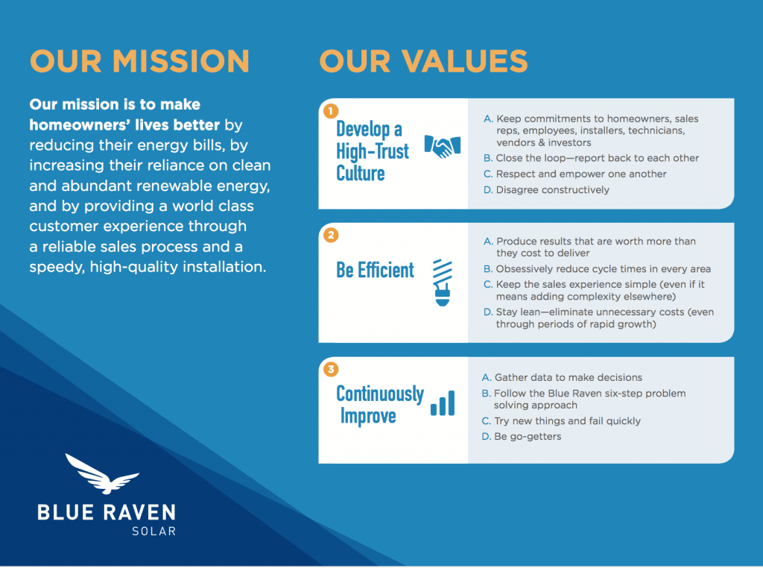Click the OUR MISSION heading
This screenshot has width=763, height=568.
point(139,61)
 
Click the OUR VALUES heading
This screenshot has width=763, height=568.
point(423,61)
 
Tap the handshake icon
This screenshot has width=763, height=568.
point(442,146)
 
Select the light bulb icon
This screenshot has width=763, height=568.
point(443,283)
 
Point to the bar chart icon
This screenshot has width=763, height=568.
point(442,403)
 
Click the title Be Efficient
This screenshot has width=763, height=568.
point(375,270)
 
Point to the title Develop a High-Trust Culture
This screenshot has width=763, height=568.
point(373,151)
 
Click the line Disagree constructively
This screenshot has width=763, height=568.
point(552,190)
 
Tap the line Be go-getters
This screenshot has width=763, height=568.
point(528,436)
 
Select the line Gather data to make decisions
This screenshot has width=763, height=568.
point(568,377)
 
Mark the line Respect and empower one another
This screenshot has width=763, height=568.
point(581,174)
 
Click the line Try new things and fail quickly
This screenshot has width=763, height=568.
point(567,420)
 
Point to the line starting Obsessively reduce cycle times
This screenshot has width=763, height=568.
point(603,268)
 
